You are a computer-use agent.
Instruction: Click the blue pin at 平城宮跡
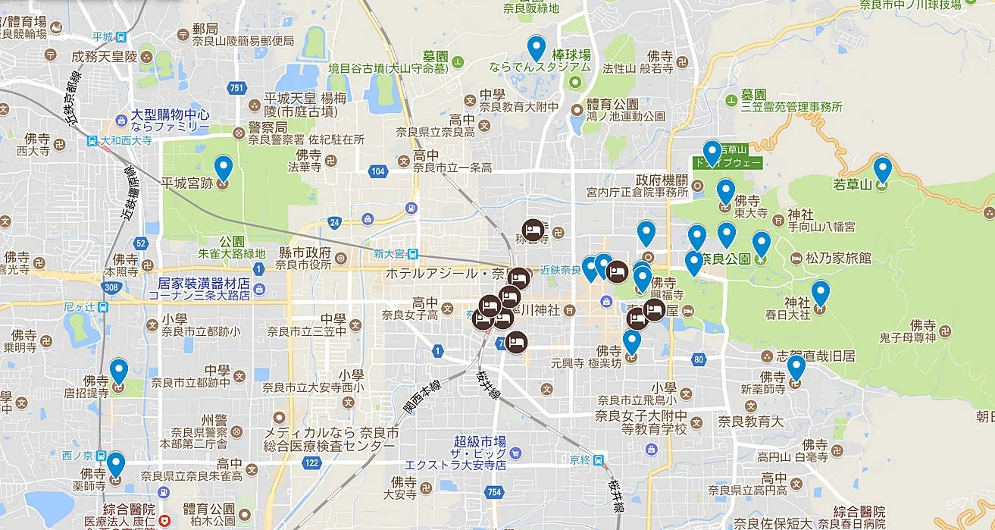point(223,168)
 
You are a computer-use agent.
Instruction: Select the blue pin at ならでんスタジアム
point(537,48)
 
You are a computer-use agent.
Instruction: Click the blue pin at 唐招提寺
point(119,370)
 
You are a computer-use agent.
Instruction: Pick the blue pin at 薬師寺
point(115,463)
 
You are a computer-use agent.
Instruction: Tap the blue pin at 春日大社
point(821,293)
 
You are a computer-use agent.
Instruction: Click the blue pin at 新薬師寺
point(796,367)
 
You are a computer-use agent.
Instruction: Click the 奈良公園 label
point(725,259)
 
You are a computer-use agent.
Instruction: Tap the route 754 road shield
point(495,492)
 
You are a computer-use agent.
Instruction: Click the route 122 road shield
point(310,463)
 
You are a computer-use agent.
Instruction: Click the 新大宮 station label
point(390,253)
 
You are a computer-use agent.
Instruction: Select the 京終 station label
point(580,459)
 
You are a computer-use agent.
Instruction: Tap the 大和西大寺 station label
point(120,140)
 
